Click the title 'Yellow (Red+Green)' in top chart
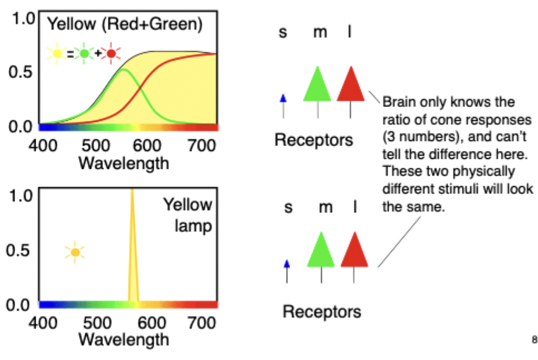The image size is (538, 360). pos(124,24)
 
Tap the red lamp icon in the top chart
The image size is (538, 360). pos(111,54)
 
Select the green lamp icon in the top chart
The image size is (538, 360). pos(84,54)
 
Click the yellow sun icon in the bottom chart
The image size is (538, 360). pos(75,252)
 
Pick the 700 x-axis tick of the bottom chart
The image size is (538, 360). pos(199,322)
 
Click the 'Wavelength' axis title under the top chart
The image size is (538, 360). pos(124,163)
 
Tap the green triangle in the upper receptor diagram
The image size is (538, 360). pos(317,85)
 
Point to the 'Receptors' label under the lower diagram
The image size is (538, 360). pos(321,311)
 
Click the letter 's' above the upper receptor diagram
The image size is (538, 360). pos(283,32)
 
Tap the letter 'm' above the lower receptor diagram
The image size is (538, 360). pos(325,208)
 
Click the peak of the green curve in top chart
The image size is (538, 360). pos(123,69)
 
